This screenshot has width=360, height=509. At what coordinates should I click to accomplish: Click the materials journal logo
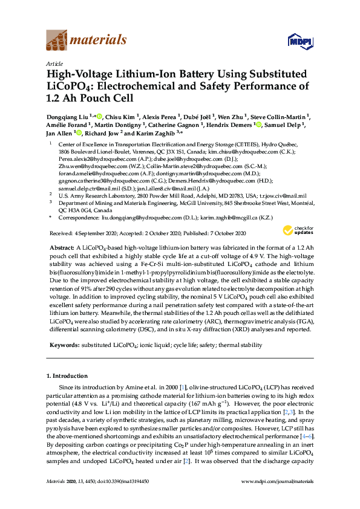pyautogui.click(x=86, y=41)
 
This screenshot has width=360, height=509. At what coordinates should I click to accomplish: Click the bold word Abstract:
pyautogui.click(x=61, y=248)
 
